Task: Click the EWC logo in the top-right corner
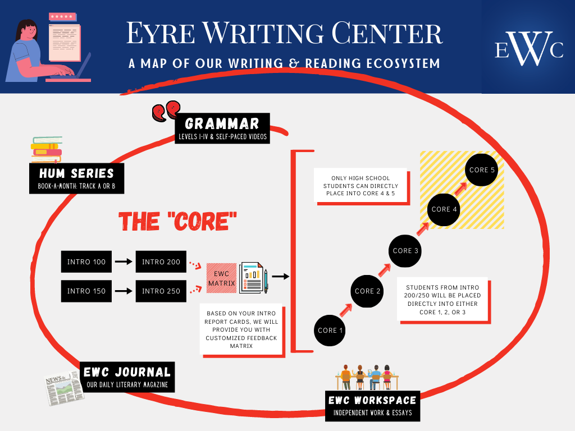point(528,49)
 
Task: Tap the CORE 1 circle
point(330,331)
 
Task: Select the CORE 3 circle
point(405,250)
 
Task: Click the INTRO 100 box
point(86,262)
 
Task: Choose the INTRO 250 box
point(161,291)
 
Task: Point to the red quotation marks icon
point(166,111)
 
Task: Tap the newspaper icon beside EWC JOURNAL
point(61,386)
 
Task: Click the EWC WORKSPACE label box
point(373,406)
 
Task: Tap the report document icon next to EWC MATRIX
point(254,277)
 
